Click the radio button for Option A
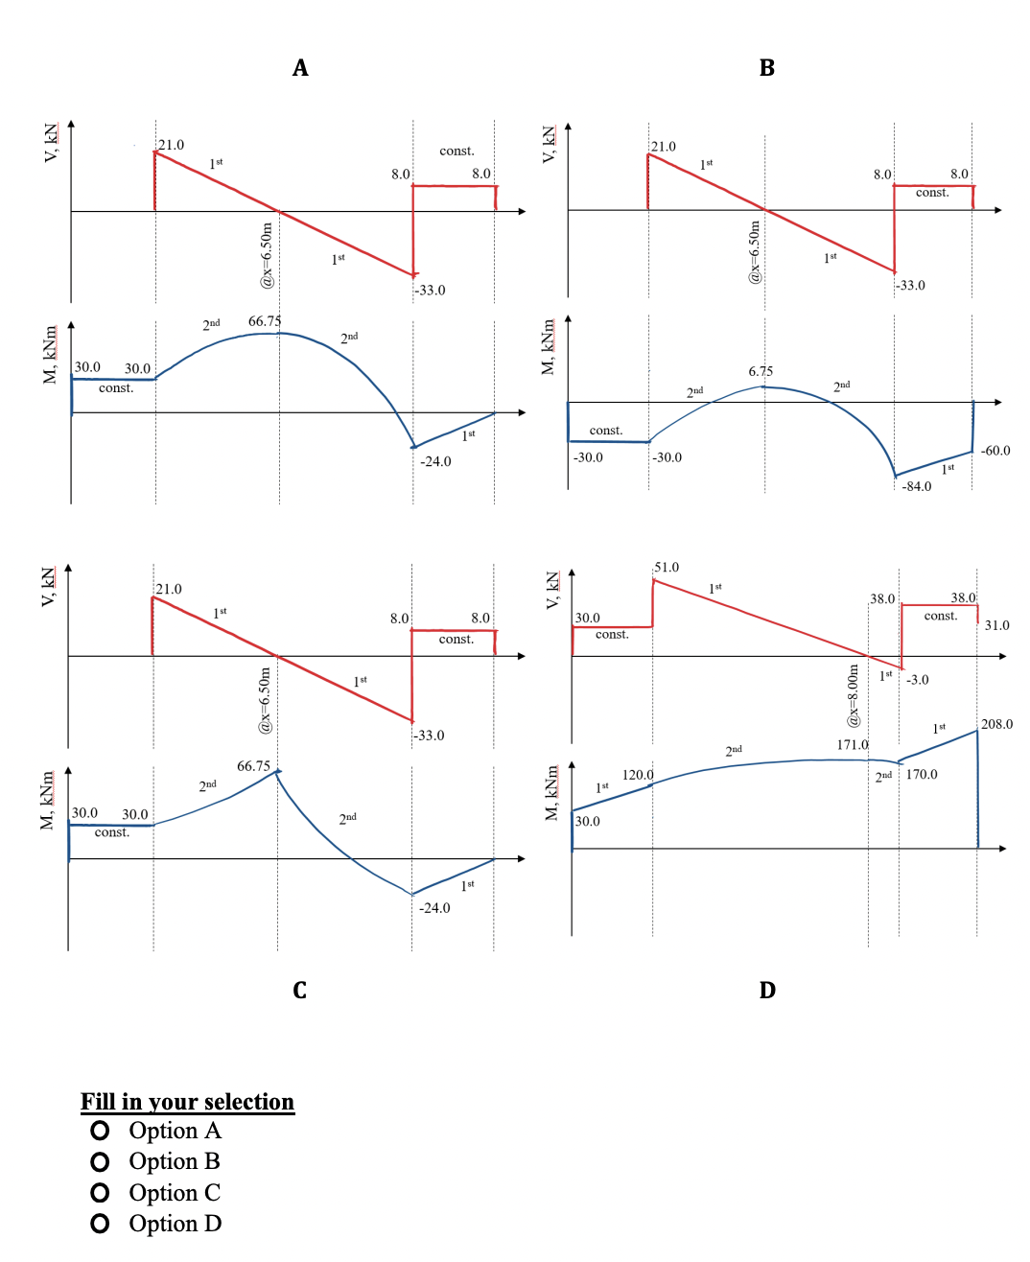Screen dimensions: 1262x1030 tap(100, 1131)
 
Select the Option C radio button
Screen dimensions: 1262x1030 tap(100, 1193)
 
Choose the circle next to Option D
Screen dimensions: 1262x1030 tap(100, 1224)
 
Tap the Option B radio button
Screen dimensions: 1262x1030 tap(100, 1162)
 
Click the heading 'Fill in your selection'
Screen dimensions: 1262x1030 tap(187, 1102)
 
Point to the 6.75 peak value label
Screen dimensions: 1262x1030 tap(761, 371)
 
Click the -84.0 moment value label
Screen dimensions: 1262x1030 tap(916, 486)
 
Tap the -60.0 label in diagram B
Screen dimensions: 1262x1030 tap(995, 451)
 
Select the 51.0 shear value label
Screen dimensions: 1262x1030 tap(667, 568)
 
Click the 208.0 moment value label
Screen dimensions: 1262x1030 tap(996, 724)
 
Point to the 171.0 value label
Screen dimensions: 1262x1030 tap(852, 745)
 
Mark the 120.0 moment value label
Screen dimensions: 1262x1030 tap(637, 775)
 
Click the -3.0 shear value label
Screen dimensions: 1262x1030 tap(917, 680)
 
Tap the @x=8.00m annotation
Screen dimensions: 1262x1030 tap(852, 695)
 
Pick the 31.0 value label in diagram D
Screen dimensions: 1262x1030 tap(996, 625)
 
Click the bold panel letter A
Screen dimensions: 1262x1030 tap(300, 68)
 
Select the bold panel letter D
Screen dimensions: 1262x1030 tap(767, 991)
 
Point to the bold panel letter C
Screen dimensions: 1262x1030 tap(300, 991)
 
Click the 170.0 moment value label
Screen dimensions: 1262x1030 tap(921, 775)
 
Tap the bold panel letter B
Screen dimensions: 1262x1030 tap(767, 68)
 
